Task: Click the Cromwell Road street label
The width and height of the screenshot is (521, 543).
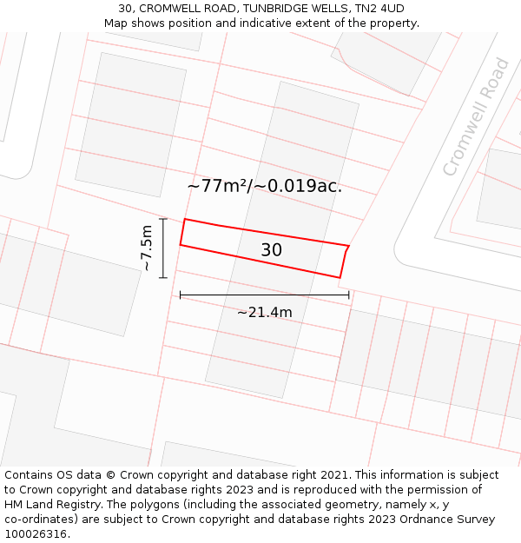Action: (476, 116)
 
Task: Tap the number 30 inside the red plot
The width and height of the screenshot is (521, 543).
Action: (271, 250)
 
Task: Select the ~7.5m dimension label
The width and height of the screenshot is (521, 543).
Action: (147, 248)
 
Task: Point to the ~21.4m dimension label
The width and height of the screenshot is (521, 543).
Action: (265, 312)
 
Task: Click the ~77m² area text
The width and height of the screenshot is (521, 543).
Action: (217, 186)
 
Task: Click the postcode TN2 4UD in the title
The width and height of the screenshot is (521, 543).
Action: (381, 8)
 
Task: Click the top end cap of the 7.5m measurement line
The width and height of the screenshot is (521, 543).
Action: (163, 218)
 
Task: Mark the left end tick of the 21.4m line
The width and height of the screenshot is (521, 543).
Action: (181, 295)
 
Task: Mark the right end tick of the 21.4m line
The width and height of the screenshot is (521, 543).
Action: (349, 295)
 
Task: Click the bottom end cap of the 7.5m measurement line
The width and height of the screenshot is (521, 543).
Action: (163, 277)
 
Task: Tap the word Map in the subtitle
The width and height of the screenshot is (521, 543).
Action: (116, 23)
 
